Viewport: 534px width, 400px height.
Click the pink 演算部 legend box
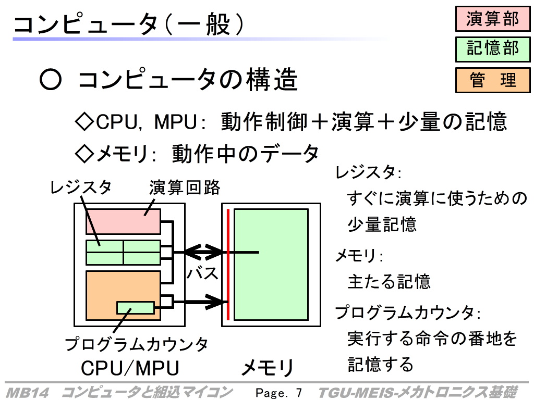[493, 19]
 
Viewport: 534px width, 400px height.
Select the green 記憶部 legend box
[493, 49]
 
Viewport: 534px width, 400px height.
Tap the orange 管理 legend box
[493, 80]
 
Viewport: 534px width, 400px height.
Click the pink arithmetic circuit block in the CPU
[123, 221]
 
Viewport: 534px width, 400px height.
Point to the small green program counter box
[136, 307]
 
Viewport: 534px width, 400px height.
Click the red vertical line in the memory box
[228, 265]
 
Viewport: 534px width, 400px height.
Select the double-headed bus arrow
[203, 253]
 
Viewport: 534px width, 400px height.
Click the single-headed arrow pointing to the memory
[199, 302]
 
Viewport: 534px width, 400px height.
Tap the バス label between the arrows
[202, 273]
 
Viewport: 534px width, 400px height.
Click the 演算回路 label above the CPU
[185, 187]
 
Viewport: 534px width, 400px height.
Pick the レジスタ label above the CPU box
[81, 187]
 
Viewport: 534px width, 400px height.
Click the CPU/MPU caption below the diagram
[130, 368]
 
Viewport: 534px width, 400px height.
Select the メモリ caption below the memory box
[268, 368]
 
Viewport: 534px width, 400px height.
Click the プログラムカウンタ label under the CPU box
[136, 344]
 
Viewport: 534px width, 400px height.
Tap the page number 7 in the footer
[299, 393]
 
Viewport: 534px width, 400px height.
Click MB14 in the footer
[28, 393]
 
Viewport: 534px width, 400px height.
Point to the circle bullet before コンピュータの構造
[51, 80]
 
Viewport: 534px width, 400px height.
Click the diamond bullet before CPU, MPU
[84, 122]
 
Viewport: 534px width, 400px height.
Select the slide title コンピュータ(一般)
[129, 24]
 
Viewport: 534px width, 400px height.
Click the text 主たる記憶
[389, 282]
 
